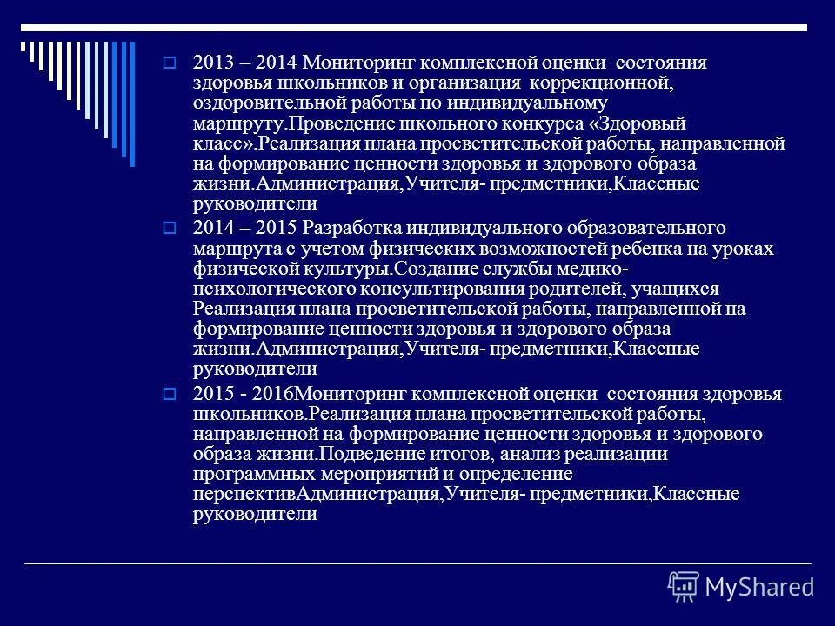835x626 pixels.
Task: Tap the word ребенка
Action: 622,249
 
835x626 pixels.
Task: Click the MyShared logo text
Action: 758,585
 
